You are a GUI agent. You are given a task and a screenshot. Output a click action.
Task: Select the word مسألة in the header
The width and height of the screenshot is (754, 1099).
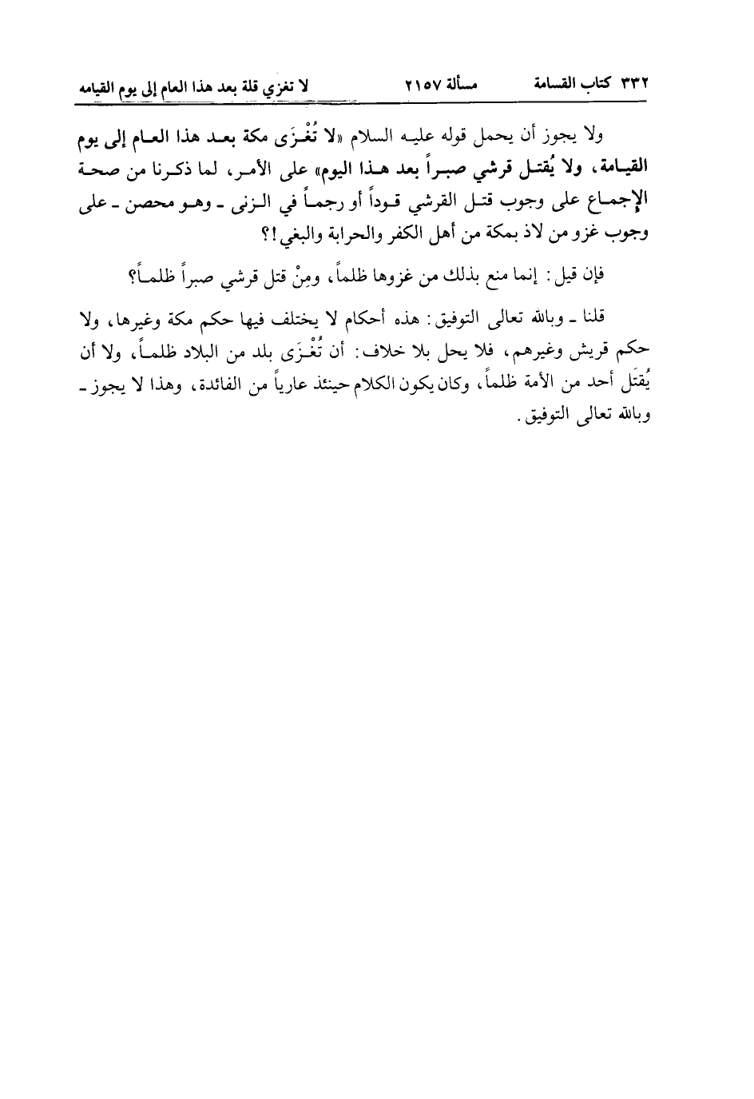[x=458, y=84]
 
